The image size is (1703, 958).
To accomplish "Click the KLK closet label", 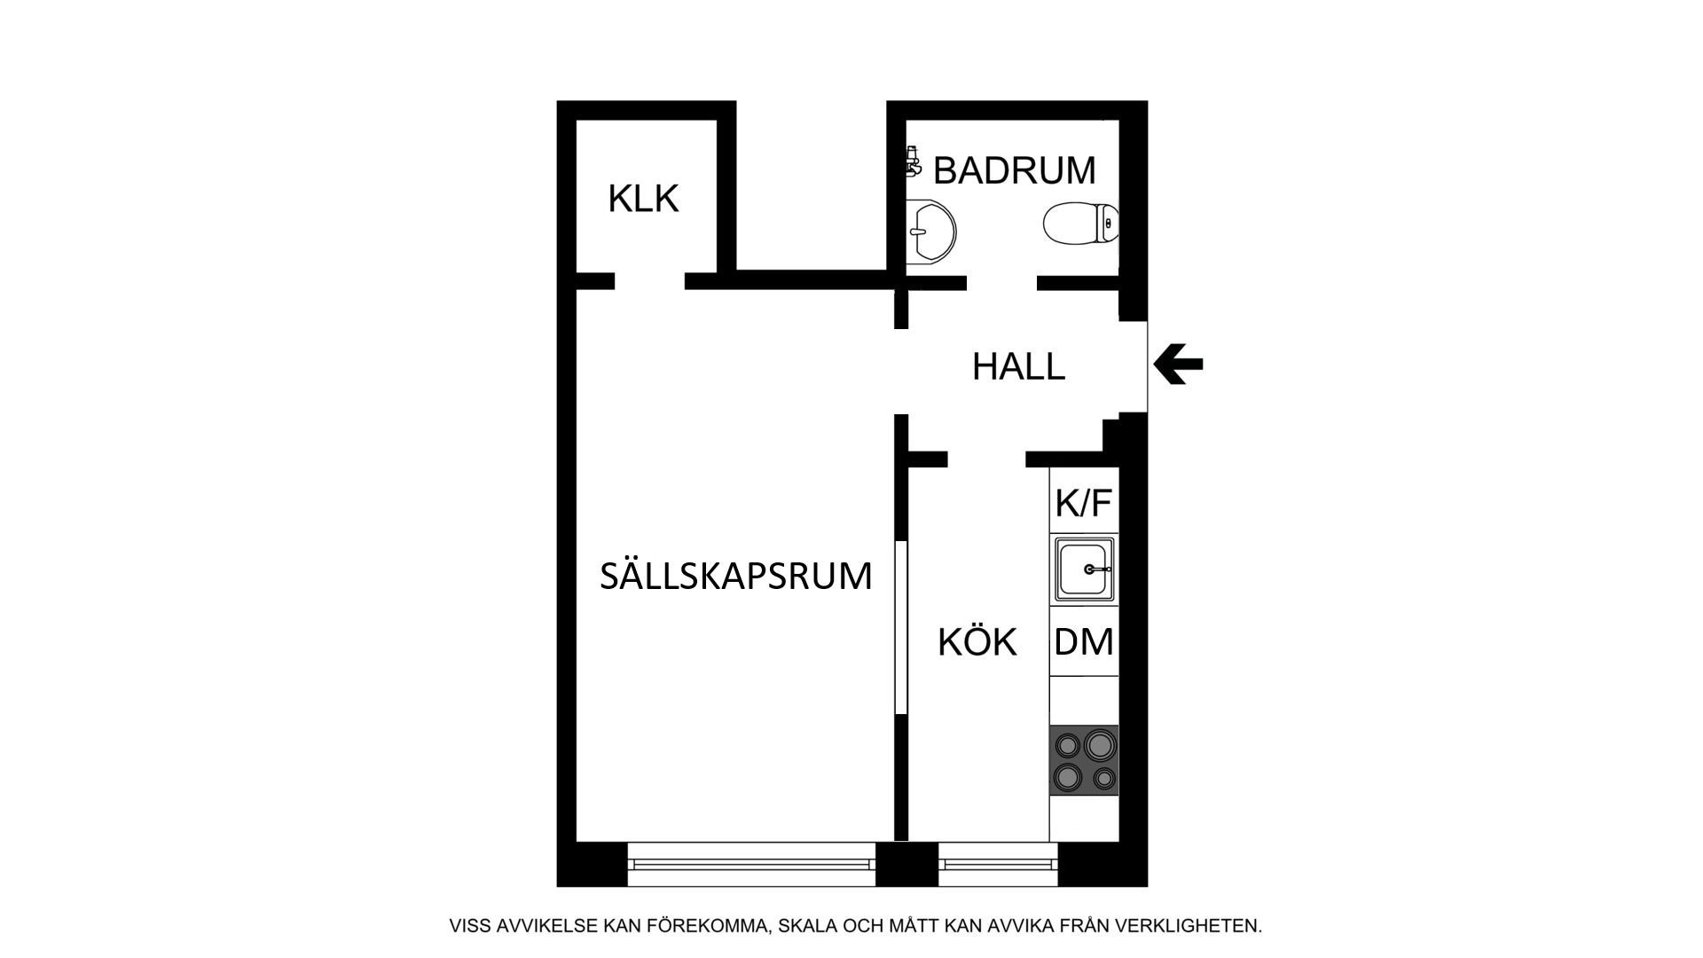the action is [643, 199].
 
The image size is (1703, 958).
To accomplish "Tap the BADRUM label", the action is [1015, 170].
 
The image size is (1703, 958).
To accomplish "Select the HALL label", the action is [1018, 366].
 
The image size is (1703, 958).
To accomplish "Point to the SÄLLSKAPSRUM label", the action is [736, 576].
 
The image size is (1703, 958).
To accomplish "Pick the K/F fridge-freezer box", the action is [1084, 501].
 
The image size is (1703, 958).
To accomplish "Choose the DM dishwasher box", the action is [1084, 640].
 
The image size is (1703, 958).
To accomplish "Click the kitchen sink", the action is [1084, 569].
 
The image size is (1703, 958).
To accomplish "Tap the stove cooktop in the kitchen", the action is [1084, 760].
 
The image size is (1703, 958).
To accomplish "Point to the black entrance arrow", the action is [1178, 364].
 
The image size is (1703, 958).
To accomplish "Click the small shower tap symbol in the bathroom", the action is [912, 161].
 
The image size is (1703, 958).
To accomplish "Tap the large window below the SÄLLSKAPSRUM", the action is [751, 864].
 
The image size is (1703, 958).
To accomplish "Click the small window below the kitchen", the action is [998, 864].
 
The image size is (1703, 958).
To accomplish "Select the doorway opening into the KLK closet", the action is [649, 281].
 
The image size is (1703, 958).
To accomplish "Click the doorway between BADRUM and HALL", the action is [1002, 283].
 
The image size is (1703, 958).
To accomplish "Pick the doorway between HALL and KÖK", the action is [987, 459].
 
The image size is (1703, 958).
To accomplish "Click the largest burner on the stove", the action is [1099, 744].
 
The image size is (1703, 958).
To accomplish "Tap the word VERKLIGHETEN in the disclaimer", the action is [1188, 926].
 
